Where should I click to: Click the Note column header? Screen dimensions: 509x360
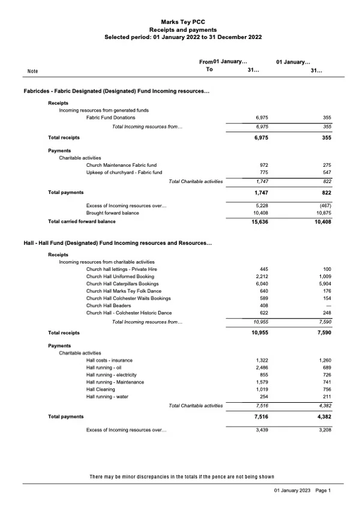pyautogui.click(x=33, y=71)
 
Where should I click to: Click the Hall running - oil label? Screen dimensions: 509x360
pyautogui.click(x=104, y=367)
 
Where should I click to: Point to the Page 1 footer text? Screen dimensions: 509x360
pyautogui.click(x=323, y=491)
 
